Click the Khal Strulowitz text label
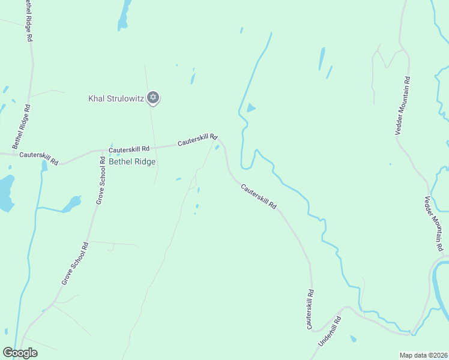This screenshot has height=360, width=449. (116, 98)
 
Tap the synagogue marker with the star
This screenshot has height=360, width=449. (153, 97)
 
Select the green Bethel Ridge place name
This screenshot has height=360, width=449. (132, 161)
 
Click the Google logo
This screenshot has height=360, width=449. (20, 353)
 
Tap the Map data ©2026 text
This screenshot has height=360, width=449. (423, 355)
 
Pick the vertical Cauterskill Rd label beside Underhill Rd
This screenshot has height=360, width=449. (310, 310)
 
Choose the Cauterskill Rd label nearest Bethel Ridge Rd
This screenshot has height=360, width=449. (38, 157)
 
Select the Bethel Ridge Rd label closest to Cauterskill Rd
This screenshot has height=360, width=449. (22, 127)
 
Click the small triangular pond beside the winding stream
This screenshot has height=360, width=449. (250, 108)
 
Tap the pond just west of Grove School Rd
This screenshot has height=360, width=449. (71, 203)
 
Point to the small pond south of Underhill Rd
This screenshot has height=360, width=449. (353, 340)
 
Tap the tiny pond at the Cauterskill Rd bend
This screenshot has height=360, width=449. (216, 148)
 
